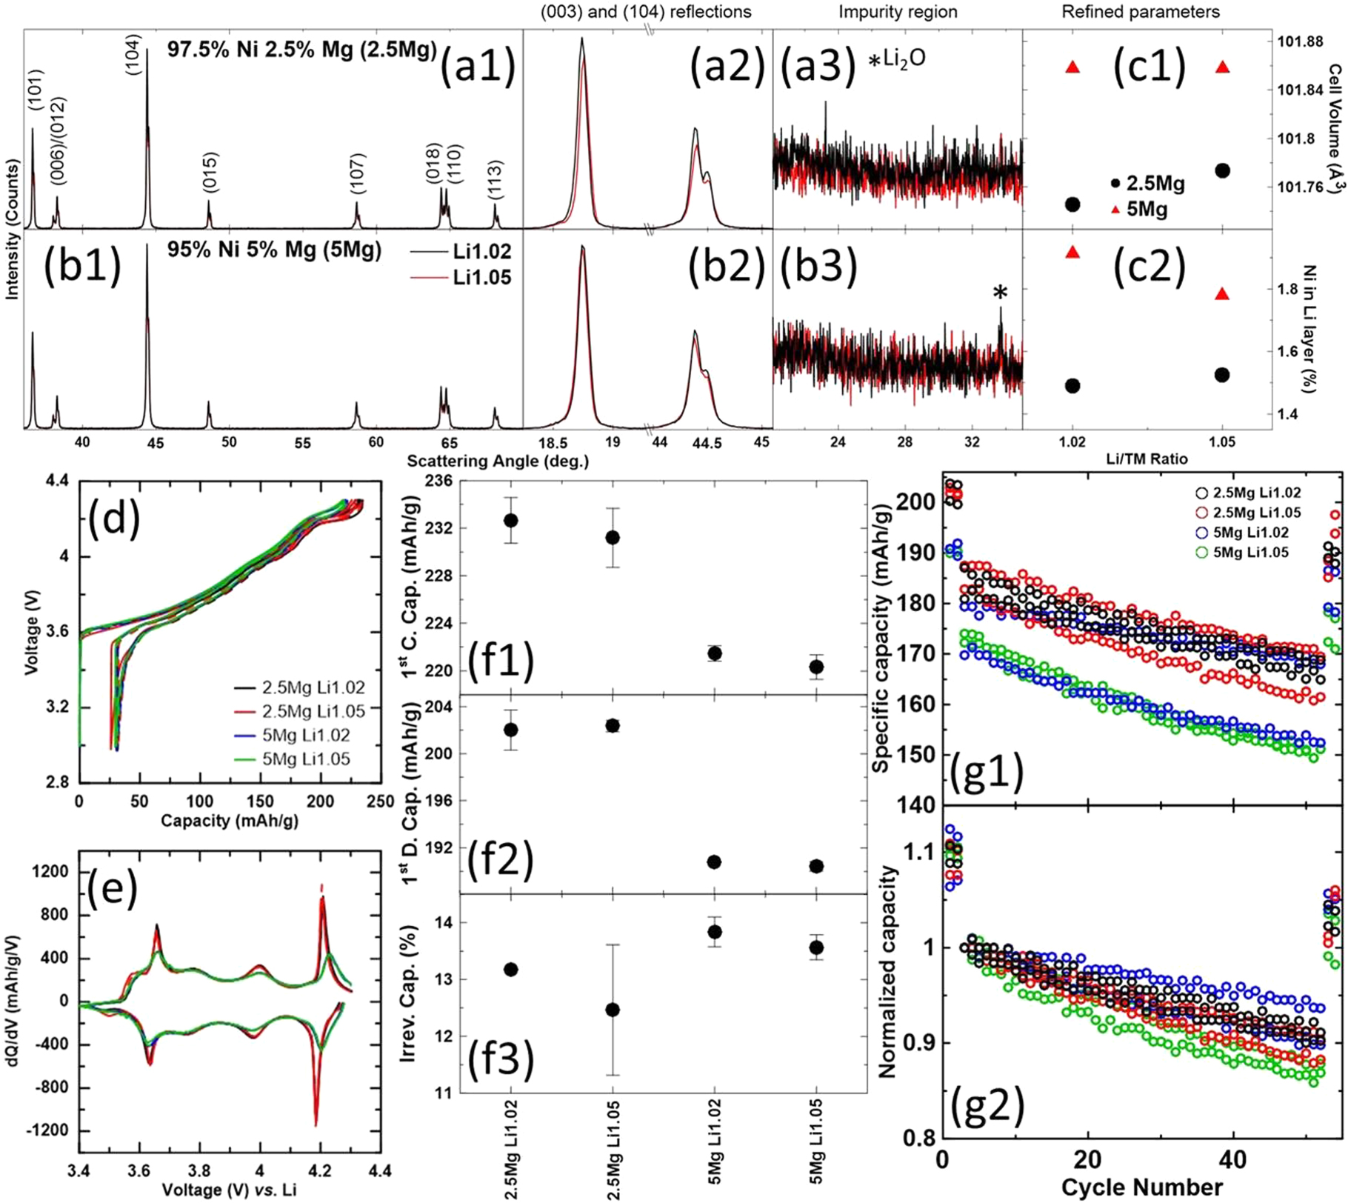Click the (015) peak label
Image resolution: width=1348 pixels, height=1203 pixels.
click(210, 172)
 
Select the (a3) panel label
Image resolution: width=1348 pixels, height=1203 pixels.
click(813, 66)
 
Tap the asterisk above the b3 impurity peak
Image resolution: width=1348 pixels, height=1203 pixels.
click(1000, 294)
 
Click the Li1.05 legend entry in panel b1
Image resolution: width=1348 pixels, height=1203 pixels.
click(481, 278)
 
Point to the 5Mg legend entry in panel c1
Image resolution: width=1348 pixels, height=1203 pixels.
click(1146, 210)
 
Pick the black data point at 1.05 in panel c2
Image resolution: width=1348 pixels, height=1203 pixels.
click(1222, 375)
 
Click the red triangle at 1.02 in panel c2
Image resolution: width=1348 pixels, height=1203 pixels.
click(1072, 253)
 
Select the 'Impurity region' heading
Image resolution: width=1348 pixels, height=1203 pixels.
click(898, 12)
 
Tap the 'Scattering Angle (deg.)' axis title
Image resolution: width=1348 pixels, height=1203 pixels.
click(498, 461)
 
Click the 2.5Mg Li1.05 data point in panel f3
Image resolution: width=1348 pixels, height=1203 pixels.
click(612, 1010)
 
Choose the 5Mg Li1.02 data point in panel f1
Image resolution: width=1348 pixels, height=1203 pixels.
click(714, 653)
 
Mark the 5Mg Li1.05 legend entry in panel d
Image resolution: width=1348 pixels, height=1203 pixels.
click(306, 759)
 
